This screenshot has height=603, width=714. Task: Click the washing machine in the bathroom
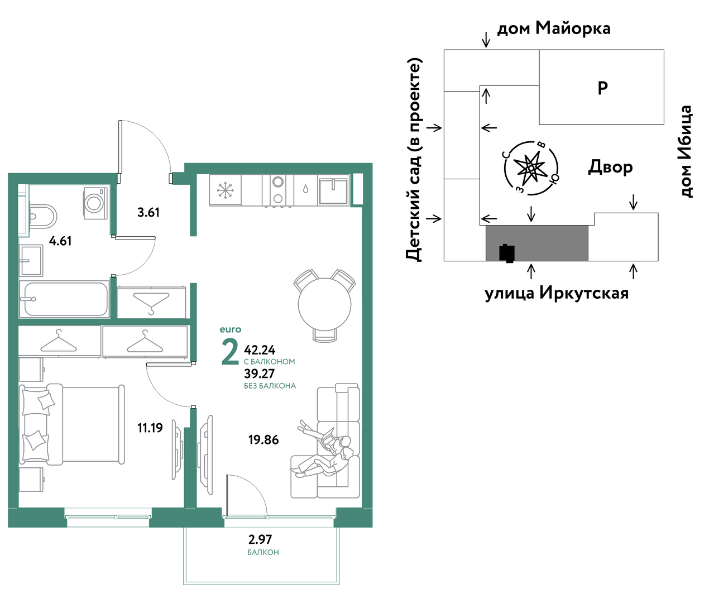[x=95, y=203]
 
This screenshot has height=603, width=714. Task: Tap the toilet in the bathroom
[x=43, y=217]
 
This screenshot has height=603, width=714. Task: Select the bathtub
[x=64, y=299]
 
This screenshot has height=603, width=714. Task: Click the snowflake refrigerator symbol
[x=225, y=190]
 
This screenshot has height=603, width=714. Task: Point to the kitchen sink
[x=333, y=190]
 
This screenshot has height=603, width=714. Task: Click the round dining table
[x=324, y=304]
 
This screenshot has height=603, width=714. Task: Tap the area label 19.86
[x=263, y=439]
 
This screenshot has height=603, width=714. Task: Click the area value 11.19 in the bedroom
[x=150, y=428]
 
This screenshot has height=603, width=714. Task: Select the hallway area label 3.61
[x=148, y=212]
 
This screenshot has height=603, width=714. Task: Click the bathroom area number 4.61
[x=60, y=241]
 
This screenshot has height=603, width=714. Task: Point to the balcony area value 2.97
[x=260, y=539]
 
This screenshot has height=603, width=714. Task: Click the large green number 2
[x=230, y=352]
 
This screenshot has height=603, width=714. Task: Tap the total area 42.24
[x=260, y=350]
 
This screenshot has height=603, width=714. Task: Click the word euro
[x=231, y=329]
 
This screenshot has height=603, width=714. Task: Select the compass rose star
[x=530, y=168]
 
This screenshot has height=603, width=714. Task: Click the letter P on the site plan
[x=602, y=88]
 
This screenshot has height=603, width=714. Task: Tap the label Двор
[x=610, y=167]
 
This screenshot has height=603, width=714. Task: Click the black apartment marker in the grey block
[x=507, y=253]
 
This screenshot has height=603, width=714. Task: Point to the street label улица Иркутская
[x=557, y=294]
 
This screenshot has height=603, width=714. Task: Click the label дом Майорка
[x=554, y=28]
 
